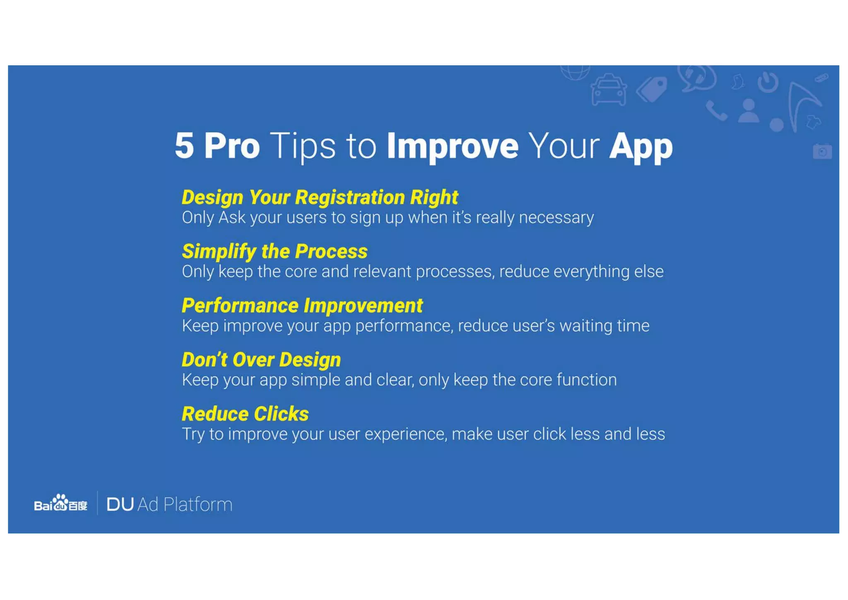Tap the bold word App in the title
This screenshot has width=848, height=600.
point(641,147)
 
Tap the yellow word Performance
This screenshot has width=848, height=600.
point(240,306)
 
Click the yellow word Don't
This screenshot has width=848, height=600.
point(205,360)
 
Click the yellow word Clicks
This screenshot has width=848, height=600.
point(281,414)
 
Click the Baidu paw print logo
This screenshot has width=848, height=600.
point(61,503)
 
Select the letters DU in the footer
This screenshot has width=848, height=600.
point(120,505)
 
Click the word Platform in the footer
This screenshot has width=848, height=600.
point(198,505)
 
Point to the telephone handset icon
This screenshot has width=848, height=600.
point(716,111)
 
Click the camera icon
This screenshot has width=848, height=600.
point(822,151)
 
